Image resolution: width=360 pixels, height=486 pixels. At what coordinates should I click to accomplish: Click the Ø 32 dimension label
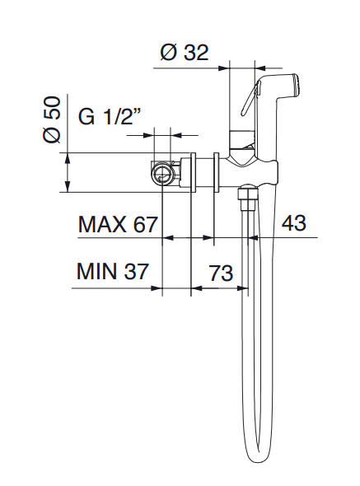(x=185, y=53)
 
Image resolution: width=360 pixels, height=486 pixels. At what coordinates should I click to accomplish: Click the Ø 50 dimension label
(x=51, y=119)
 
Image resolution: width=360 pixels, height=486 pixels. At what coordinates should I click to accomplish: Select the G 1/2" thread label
(x=110, y=116)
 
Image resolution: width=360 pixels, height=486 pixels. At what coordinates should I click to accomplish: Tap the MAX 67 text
(x=118, y=224)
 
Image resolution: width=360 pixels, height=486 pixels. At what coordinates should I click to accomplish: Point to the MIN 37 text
(x=113, y=272)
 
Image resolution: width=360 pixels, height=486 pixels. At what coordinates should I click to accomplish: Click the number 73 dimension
(x=221, y=273)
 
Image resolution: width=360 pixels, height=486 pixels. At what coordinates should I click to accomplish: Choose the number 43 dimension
(x=293, y=222)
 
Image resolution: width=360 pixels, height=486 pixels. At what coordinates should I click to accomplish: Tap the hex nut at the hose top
(x=247, y=195)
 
